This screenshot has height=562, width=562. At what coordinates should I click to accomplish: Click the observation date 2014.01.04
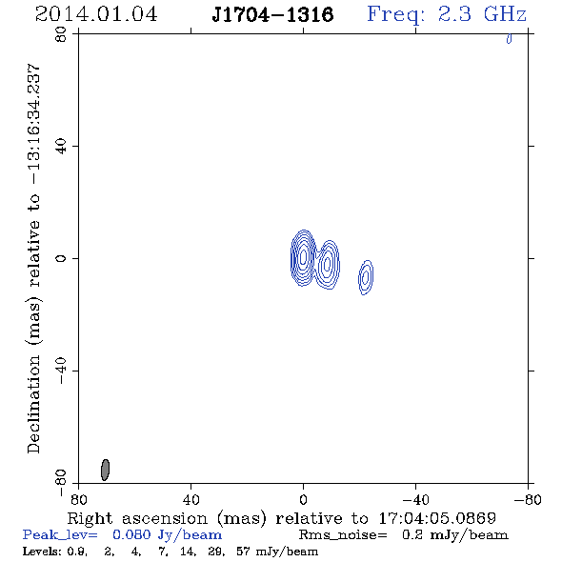[96, 14]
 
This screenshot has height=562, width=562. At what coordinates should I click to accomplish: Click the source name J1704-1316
[272, 14]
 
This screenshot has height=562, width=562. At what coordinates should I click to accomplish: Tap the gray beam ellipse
[105, 470]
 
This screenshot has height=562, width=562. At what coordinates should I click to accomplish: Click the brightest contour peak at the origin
[303, 256]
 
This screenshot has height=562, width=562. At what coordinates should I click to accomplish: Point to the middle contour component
[327, 265]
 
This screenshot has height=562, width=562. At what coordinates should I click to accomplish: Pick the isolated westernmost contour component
[366, 277]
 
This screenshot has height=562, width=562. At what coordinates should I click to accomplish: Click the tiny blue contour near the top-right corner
[509, 38]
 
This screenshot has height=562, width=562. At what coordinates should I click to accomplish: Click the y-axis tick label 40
[61, 147]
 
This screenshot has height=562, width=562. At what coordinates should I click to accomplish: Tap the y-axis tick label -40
[61, 371]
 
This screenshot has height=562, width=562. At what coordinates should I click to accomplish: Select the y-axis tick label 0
[61, 258]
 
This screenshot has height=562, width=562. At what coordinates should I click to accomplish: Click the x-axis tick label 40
[191, 500]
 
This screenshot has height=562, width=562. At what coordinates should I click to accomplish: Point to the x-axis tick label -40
[415, 500]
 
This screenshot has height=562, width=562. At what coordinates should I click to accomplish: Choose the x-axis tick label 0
[303, 500]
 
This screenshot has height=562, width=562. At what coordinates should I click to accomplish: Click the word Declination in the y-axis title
[33, 404]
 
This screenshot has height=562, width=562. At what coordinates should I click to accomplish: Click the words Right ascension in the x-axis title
[137, 518]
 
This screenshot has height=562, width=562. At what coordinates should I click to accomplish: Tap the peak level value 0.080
[131, 534]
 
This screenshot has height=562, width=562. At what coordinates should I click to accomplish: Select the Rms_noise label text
[343, 535]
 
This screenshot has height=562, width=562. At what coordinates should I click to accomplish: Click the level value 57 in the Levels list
[243, 551]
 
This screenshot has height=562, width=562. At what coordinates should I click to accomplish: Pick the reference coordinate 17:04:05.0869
[437, 518]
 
